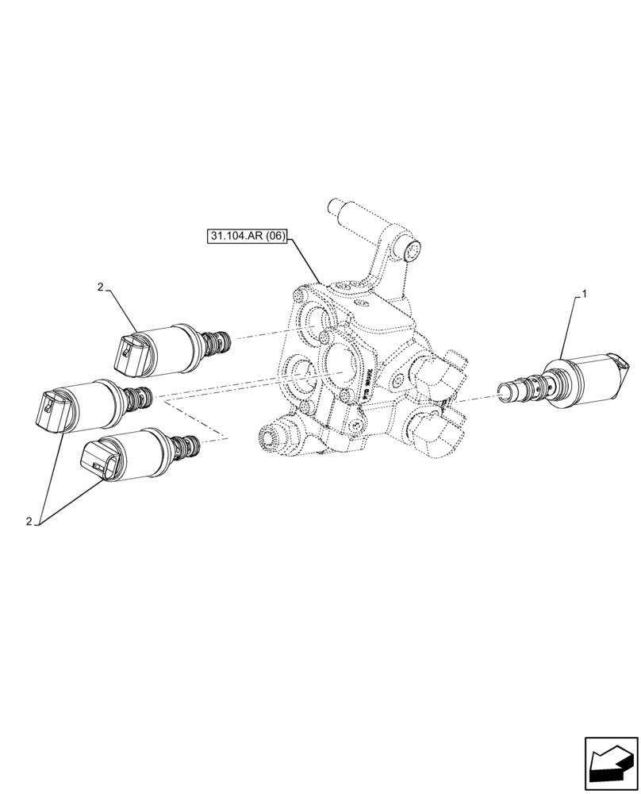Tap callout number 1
(585, 295)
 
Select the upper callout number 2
(101, 287)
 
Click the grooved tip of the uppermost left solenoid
(217, 342)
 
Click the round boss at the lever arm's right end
(414, 250)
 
